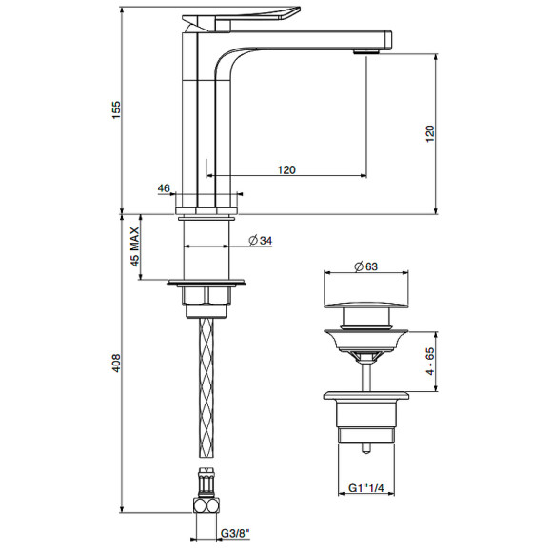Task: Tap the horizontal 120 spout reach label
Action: point(286,168)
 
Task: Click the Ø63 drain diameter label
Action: point(365,267)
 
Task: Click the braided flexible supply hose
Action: point(207,390)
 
